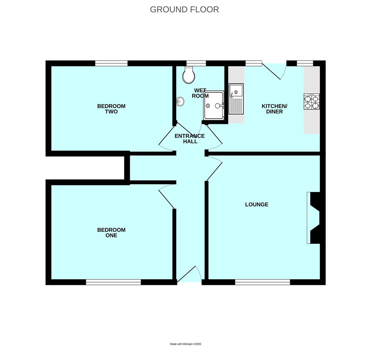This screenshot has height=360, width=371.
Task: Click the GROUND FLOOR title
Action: click(184, 10)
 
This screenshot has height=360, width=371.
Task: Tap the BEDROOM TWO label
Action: click(111, 109)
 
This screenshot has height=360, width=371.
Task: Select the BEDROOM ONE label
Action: click(111, 233)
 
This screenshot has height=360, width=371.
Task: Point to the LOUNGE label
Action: click(257, 205)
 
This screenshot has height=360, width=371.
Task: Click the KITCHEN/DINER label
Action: click(274, 109)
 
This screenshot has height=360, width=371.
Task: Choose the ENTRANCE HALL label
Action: click(190, 139)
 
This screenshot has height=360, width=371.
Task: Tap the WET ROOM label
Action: click(200, 93)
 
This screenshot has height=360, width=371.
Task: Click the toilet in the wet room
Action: click(189, 75)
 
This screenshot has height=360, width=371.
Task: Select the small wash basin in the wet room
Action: click(180, 101)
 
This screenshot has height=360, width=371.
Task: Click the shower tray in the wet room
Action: click(214, 105)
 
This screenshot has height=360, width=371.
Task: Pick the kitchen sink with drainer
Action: click(236, 99)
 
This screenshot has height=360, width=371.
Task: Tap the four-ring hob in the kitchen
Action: click(312, 102)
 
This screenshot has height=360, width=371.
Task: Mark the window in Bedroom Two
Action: click(111, 63)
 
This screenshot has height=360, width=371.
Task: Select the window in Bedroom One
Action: click(113, 282)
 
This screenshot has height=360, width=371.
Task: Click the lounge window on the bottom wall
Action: click(262, 282)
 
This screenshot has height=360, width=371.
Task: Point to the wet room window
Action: click(196, 63)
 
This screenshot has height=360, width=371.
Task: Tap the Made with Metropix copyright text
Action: click(185, 344)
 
